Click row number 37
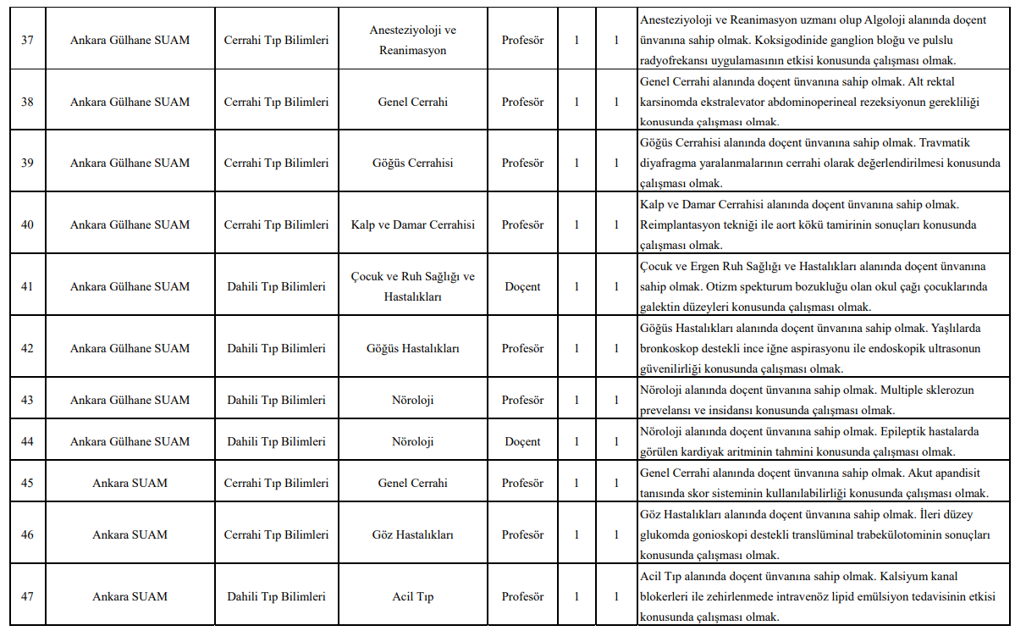pos(27,40)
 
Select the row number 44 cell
pos(27,441)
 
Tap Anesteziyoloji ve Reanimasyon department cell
pos(413,40)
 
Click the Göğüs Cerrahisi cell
pos(413,163)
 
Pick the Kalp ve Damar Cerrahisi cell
pos(413,224)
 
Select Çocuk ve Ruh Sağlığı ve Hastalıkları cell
pos(413,286)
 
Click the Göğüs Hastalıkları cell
pos(413,348)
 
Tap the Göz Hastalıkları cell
pos(413,534)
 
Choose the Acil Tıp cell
pos(413,596)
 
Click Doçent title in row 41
pos(522,286)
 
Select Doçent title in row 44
pos(522,441)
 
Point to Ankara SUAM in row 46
pos(130,534)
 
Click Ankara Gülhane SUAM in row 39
pos(130,163)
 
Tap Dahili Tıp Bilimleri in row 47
pos(276,596)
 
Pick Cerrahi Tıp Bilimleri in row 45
pos(276,483)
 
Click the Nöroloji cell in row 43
pos(413,400)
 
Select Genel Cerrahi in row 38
pos(413,102)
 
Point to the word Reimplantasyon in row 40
pos(679,224)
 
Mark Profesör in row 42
pos(522,348)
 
